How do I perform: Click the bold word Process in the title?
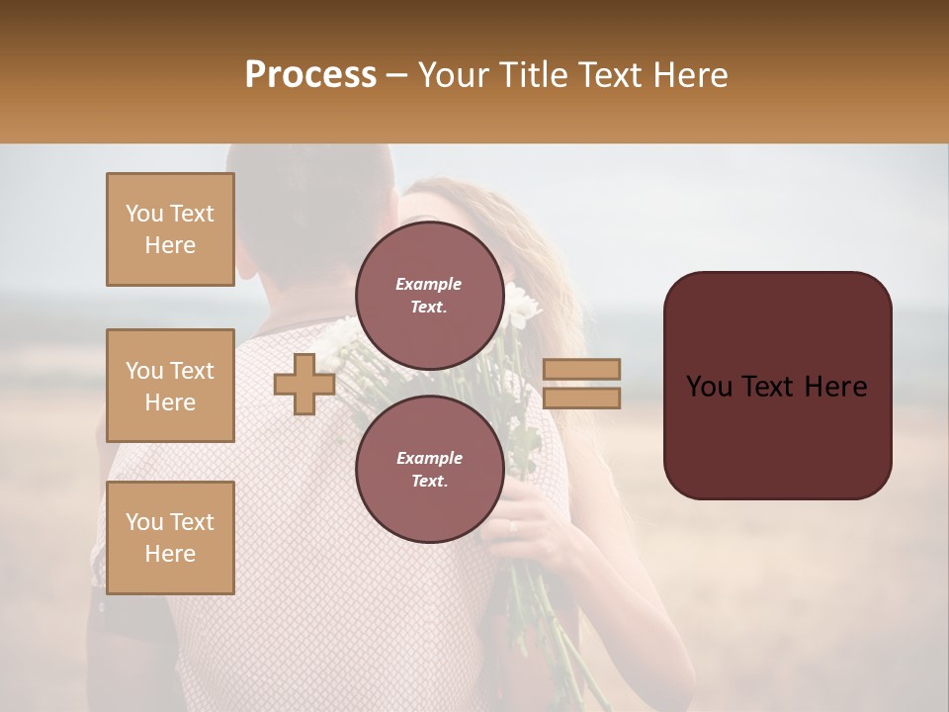[310, 75]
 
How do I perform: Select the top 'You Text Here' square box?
[170, 229]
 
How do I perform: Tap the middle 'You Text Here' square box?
[170, 386]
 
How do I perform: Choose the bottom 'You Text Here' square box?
[170, 538]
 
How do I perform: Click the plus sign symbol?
[303, 384]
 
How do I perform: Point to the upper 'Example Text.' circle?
[429, 295]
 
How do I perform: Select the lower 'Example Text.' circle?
[429, 469]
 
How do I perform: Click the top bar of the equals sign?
[582, 369]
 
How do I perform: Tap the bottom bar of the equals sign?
[582, 399]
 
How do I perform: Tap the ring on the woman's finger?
[512, 526]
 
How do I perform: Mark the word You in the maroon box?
[709, 386]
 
